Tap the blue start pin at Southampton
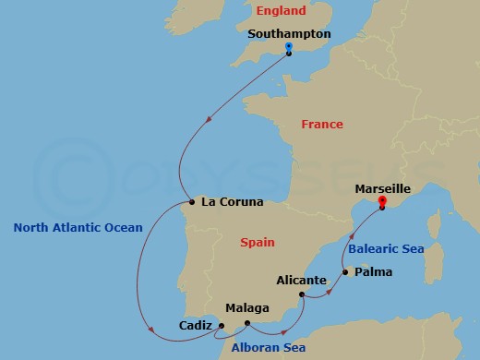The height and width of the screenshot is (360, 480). point(289,46)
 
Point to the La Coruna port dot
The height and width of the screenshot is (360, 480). point(189,202)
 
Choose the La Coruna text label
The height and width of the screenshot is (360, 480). point(232,202)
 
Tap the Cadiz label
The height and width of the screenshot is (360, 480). point(196,326)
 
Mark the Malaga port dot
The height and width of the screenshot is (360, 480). point(246,323)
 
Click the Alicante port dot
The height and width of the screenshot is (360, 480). point(303,294)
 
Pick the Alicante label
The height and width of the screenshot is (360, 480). point(302,280)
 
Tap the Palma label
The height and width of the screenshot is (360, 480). point(373,272)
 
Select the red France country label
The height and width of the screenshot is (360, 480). point(322,125)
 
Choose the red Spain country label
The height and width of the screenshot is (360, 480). point(257,242)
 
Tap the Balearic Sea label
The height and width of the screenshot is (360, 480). point(385,247)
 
